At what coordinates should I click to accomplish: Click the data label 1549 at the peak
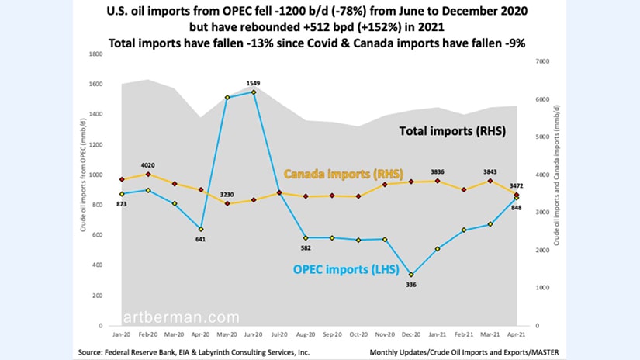(252, 83)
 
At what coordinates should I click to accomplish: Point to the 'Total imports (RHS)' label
(452, 131)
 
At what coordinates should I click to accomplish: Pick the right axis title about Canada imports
(557, 190)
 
